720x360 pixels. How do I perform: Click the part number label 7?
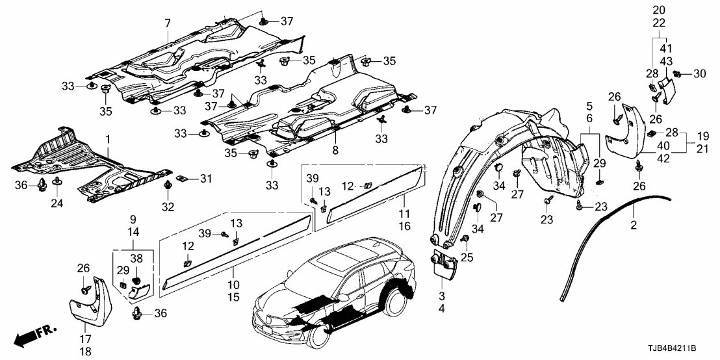tap(167, 23)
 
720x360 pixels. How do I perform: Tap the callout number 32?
tap(168, 207)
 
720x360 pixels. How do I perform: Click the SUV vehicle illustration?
tap(331, 292)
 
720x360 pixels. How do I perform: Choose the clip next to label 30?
tap(678, 73)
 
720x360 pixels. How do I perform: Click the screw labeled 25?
tap(465, 240)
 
